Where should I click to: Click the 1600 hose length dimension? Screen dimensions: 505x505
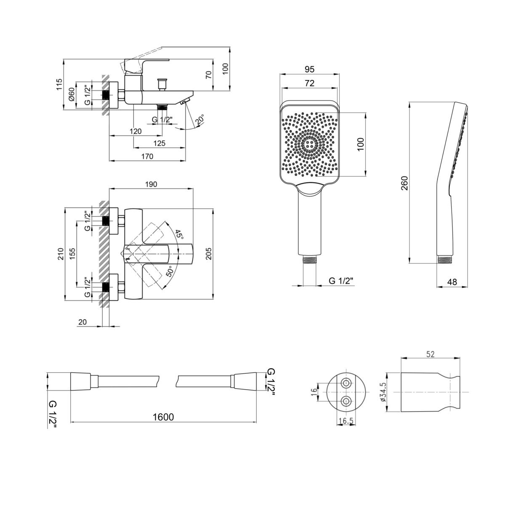pyautogui.click(x=163, y=417)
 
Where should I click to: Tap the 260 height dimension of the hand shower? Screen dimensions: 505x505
pyautogui.click(x=404, y=183)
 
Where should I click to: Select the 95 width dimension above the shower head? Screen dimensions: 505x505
pyautogui.click(x=309, y=69)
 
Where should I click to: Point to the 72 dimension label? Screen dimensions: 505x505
pyautogui.click(x=309, y=83)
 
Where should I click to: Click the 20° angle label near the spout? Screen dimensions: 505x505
pyautogui.click(x=200, y=120)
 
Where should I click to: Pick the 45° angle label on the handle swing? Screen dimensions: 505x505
pyautogui.click(x=179, y=234)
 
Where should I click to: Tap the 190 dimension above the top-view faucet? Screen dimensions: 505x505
pyautogui.click(x=151, y=184)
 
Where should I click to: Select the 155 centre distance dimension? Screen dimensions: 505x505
pyautogui.click(x=72, y=254)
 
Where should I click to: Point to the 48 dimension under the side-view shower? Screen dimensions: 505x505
pyautogui.click(x=452, y=282)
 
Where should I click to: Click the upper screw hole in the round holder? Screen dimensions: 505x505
pyautogui.click(x=346, y=383)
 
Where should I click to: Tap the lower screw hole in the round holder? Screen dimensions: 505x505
pyautogui.click(x=346, y=401)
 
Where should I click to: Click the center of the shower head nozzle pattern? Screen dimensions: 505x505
pyautogui.click(x=309, y=144)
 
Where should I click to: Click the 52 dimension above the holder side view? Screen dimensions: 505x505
pyautogui.click(x=431, y=354)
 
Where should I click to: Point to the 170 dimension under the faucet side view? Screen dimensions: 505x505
pyautogui.click(x=147, y=157)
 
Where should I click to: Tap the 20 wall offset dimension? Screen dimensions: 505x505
pyautogui.click(x=82, y=322)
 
